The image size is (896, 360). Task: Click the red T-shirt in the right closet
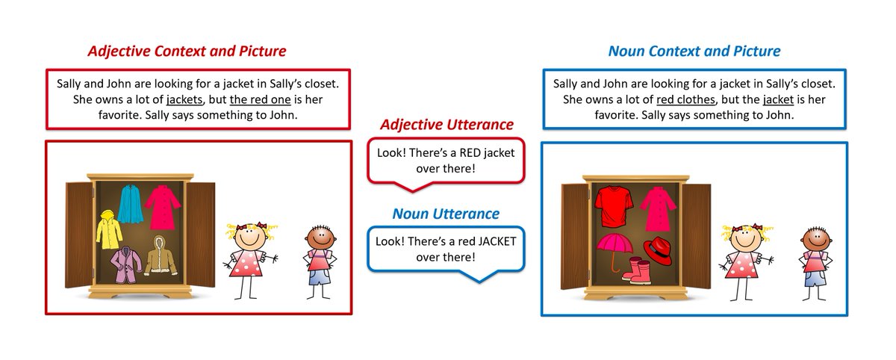[615, 205]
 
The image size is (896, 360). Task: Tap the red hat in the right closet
[659, 249]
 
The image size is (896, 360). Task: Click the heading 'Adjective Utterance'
[446, 125]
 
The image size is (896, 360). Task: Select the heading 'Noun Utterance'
[446, 214]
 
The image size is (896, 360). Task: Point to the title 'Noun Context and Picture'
[694, 52]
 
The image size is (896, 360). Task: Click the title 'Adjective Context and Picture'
[187, 52]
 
